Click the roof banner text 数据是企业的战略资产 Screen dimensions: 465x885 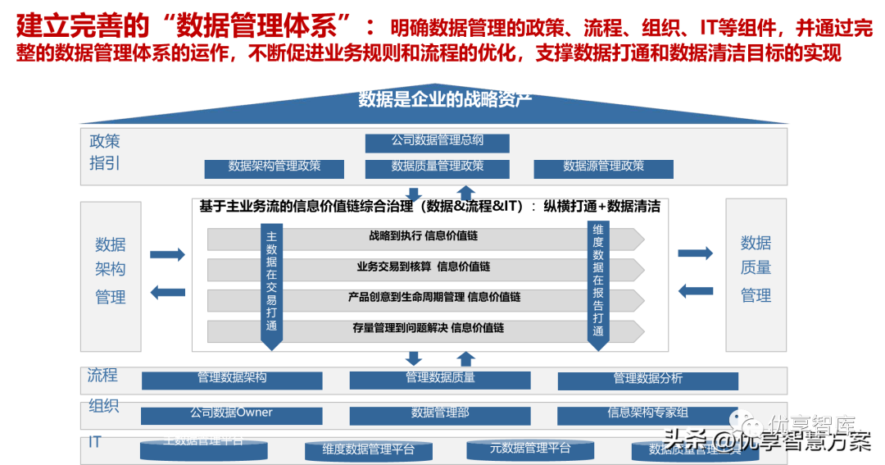coord(445,99)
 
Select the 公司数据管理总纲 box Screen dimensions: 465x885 coord(437,142)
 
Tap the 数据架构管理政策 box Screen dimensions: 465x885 coord(274,167)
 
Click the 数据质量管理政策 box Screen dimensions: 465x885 coord(437,167)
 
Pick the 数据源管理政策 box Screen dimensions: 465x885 coord(603,167)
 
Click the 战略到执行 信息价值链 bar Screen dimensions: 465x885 coord(423,237)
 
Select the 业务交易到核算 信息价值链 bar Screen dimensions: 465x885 coord(423,267)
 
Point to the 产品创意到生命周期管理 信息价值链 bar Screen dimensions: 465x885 coord(423,298)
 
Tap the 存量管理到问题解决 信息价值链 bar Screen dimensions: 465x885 coord(423,329)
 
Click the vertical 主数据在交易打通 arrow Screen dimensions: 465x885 coord(272,282)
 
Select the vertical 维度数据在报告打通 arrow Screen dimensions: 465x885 coord(598,282)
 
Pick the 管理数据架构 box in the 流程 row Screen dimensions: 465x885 coord(232,380)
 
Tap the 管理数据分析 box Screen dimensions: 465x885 coord(647,380)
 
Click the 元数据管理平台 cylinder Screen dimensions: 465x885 coord(529,449)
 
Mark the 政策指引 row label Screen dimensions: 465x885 coord(105,153)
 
